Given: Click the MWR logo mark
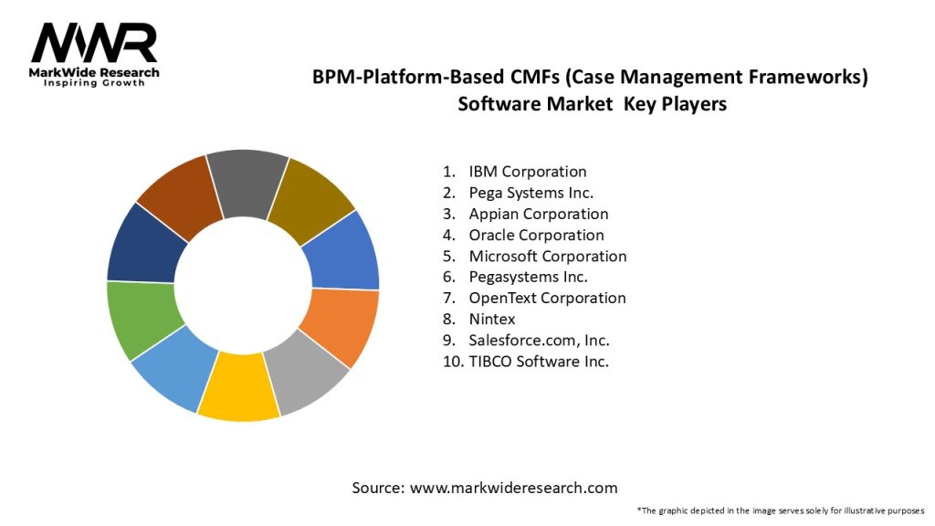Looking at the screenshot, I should (x=93, y=43).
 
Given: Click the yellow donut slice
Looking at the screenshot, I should (x=237, y=387).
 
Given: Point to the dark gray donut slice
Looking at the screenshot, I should (x=247, y=183).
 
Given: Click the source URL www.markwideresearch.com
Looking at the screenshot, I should (x=513, y=489).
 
